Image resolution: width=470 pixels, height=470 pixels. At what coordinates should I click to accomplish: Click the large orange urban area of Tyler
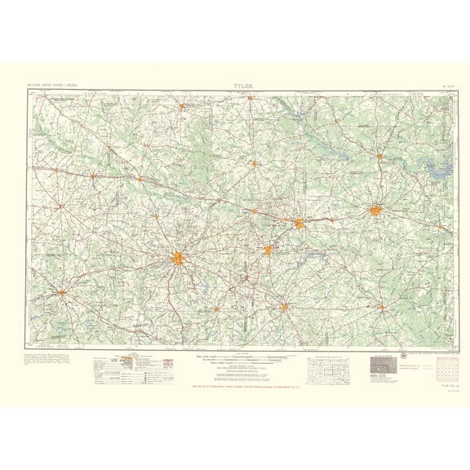click(x=178, y=259)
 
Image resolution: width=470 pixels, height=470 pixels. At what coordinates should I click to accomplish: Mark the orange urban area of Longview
click(x=299, y=222)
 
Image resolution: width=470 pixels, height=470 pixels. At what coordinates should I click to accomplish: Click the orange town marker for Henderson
click(x=284, y=307)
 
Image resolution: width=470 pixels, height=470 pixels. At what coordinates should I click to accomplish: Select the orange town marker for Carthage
click(x=381, y=307)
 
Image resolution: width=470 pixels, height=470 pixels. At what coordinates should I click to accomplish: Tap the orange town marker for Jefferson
click(x=379, y=156)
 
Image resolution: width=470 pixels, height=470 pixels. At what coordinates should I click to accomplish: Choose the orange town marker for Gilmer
click(x=255, y=162)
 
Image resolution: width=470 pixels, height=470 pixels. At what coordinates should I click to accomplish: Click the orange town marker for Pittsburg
click(x=251, y=99)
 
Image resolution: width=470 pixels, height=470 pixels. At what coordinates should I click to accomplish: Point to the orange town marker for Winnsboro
click(x=184, y=104)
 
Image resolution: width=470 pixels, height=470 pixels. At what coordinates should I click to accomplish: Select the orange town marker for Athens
click(x=61, y=290)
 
